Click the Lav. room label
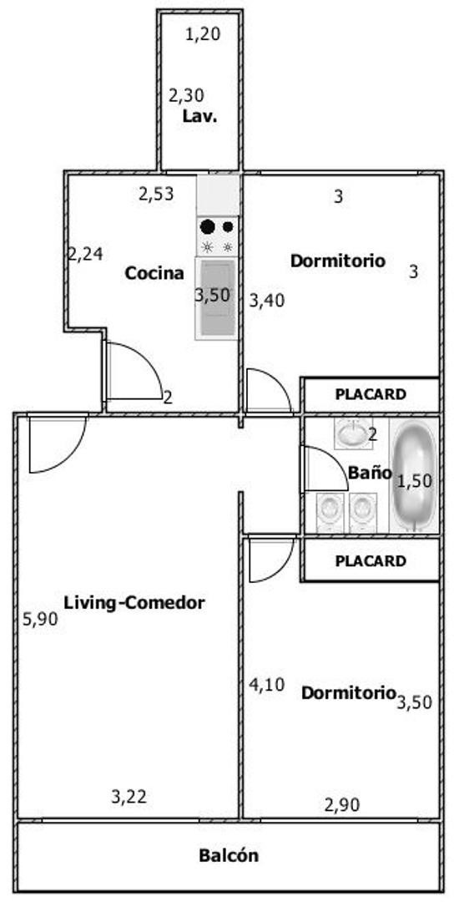200,116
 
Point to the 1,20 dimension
204,35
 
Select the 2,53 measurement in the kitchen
156,194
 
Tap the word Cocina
154,273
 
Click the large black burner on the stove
207,226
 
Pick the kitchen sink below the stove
217,298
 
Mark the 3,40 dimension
266,301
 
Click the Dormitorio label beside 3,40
338,261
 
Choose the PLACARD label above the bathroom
371,394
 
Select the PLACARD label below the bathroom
371,561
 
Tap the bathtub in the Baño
414,475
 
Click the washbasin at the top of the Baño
353,433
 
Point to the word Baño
370,473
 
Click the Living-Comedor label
134,603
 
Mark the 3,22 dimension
129,797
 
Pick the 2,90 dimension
342,805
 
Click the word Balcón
229,855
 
